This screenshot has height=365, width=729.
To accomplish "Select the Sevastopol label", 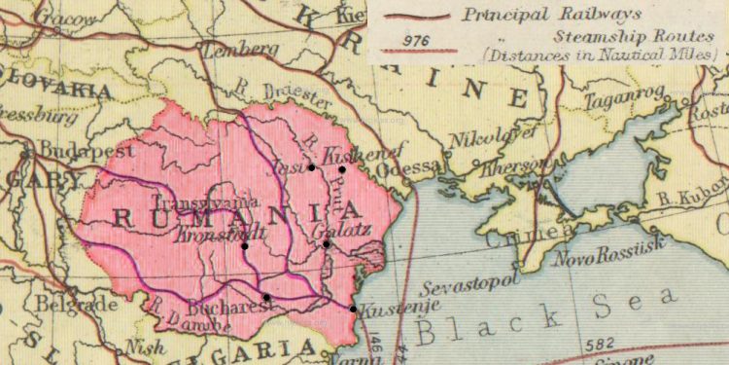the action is click(472, 289).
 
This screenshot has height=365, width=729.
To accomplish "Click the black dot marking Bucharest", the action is click(266, 297).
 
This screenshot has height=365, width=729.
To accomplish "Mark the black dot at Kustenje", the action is click(353, 310).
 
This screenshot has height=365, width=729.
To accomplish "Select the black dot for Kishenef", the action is click(342, 169).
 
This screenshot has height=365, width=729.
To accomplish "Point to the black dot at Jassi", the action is click(311, 167).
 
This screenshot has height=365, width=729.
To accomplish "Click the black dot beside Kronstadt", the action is click(244, 245).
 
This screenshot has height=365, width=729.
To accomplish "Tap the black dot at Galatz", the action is click(327, 244).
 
